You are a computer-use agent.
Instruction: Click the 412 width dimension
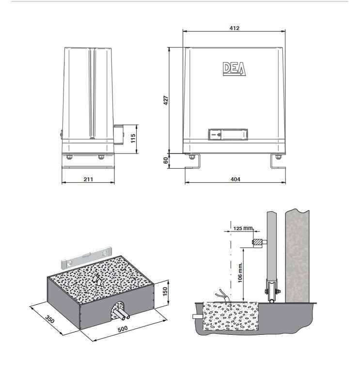click(234, 28)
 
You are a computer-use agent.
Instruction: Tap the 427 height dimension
click(166, 100)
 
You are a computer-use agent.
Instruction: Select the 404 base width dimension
click(235, 179)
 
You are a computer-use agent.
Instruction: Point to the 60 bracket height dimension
click(166, 160)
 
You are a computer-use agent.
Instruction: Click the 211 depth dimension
click(88, 179)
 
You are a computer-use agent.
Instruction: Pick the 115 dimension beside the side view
click(133, 138)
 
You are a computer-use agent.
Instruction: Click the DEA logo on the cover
click(234, 69)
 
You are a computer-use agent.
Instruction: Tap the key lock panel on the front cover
click(228, 134)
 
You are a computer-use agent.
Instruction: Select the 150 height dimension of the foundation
click(165, 292)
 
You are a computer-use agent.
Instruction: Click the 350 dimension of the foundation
click(50, 319)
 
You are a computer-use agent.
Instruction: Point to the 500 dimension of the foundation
click(123, 329)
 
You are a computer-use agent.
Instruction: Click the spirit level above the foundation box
click(87, 257)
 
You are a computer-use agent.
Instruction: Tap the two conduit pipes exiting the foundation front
click(121, 314)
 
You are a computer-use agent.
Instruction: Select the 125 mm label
click(243, 228)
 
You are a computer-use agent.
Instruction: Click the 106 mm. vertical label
click(240, 272)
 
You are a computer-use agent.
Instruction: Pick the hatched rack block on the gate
click(257, 242)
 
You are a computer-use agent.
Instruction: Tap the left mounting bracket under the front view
click(192, 161)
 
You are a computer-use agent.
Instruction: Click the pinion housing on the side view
click(118, 134)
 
